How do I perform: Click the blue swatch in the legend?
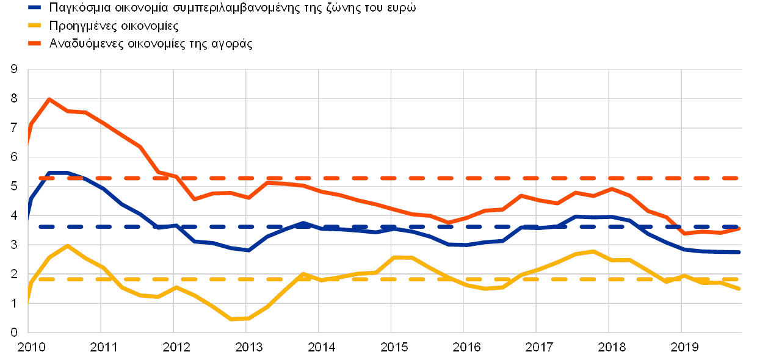point(34,9)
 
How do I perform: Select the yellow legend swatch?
point(34,26)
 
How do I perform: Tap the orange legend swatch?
point(34,43)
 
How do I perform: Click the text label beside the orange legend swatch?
point(150,43)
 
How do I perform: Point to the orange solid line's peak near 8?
point(48,98)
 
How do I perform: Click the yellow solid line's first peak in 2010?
point(67,245)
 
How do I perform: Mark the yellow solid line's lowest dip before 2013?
point(231,319)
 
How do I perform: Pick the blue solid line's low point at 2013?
point(247,250)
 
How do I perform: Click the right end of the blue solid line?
point(740,252)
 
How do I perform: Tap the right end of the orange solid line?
point(740,228)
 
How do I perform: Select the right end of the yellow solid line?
point(740,289)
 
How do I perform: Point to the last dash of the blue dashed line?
point(730,226)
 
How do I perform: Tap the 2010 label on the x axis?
point(29,348)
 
